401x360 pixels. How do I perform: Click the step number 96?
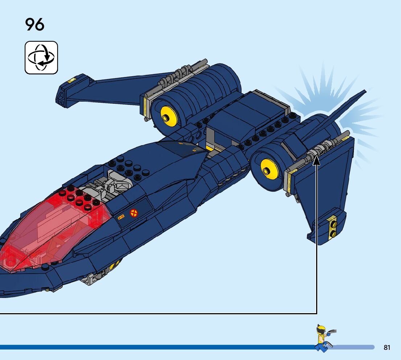(x=35, y=25)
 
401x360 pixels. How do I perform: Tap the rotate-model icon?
(x=41, y=58)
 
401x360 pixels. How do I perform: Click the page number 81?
(x=387, y=347)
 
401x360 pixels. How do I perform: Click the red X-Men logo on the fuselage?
(x=134, y=213)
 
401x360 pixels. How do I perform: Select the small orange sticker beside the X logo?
(x=121, y=217)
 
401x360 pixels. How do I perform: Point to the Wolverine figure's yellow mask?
(x=321, y=331)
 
